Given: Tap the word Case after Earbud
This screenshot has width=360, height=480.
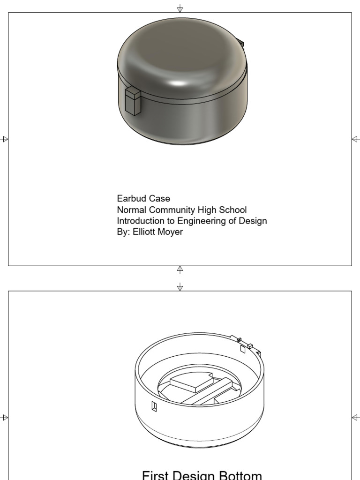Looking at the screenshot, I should point(160,199).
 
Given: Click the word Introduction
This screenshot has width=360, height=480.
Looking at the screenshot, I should point(141,221).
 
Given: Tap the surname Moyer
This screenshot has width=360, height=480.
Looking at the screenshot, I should point(171,232).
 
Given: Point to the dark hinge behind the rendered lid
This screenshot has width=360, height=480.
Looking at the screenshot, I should point(241,43).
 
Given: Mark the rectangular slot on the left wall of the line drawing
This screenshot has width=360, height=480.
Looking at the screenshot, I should point(154,406).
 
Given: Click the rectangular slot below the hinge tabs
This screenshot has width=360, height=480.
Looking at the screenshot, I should point(243,349).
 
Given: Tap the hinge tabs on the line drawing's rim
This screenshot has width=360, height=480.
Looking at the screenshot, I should point(244,342).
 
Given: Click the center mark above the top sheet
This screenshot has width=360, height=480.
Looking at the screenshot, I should point(180,8).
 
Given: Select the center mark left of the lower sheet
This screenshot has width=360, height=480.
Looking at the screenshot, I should point(5,417).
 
